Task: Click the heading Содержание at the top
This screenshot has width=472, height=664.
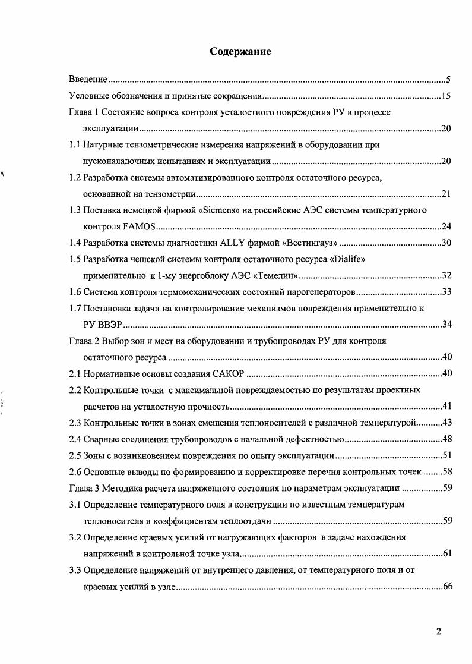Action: point(241,52)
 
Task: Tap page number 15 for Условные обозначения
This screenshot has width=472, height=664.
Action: point(446,96)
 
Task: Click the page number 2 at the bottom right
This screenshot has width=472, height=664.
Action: point(438,632)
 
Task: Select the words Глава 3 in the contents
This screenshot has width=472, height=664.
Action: point(85,489)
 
